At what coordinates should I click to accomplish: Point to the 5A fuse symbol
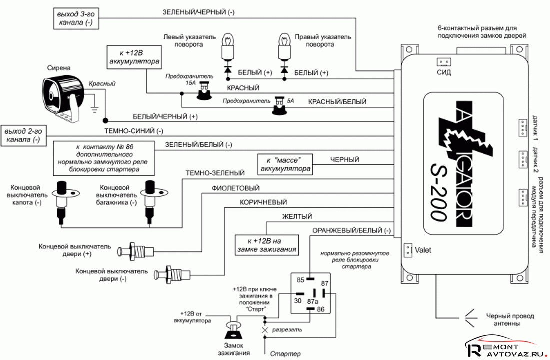pos(278,105)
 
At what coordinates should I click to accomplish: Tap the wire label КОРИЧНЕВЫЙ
pos(263,202)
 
